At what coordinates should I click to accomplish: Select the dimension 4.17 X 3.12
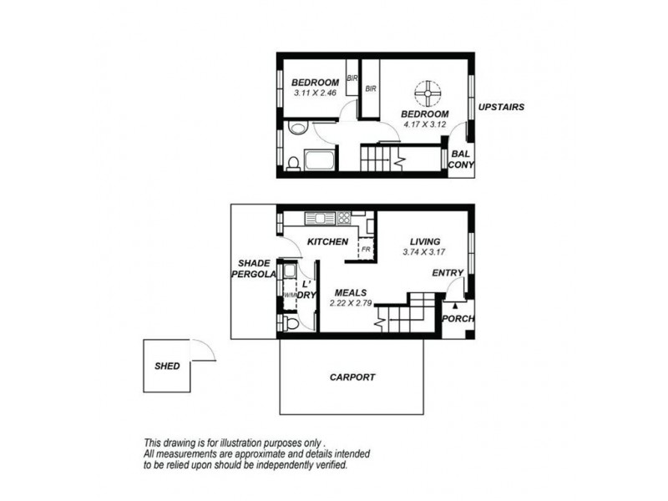(x=424, y=124)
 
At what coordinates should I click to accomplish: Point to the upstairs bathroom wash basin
(x=298, y=129)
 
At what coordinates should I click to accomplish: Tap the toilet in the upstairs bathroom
(x=292, y=162)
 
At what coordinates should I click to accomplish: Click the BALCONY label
(x=460, y=159)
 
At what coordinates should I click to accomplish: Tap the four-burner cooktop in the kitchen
(x=342, y=219)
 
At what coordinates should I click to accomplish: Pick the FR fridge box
(x=365, y=248)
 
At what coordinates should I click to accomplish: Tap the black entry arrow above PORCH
(x=455, y=306)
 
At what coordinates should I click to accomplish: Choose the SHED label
(x=167, y=366)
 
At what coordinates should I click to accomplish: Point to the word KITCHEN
(x=327, y=241)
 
